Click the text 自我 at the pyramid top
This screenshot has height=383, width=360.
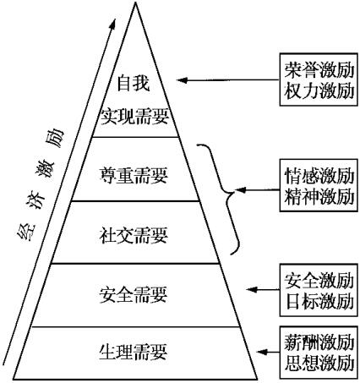(x=134, y=86)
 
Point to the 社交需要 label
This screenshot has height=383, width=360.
(x=134, y=233)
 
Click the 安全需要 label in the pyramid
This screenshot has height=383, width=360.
(x=134, y=295)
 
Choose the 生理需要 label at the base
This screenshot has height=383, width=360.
(x=134, y=351)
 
